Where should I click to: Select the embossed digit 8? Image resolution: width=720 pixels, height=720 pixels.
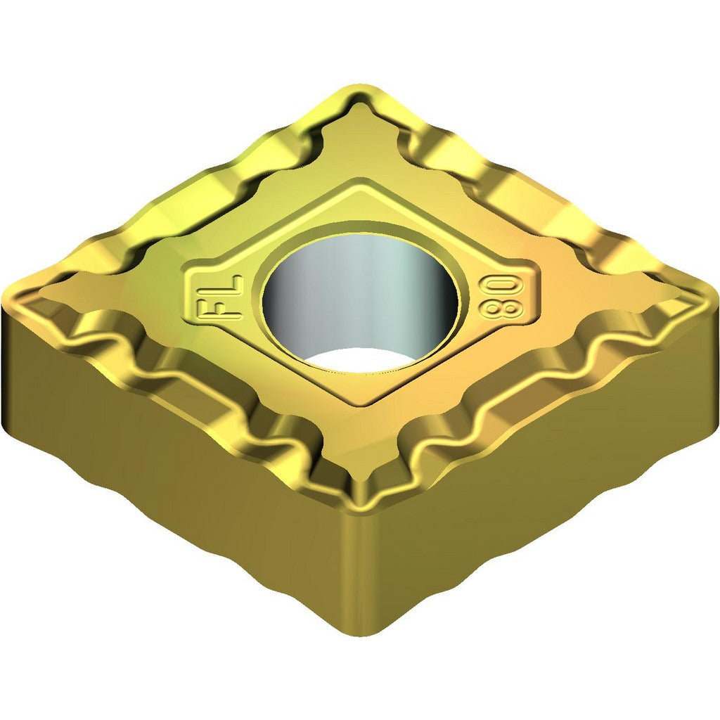(496, 309)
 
